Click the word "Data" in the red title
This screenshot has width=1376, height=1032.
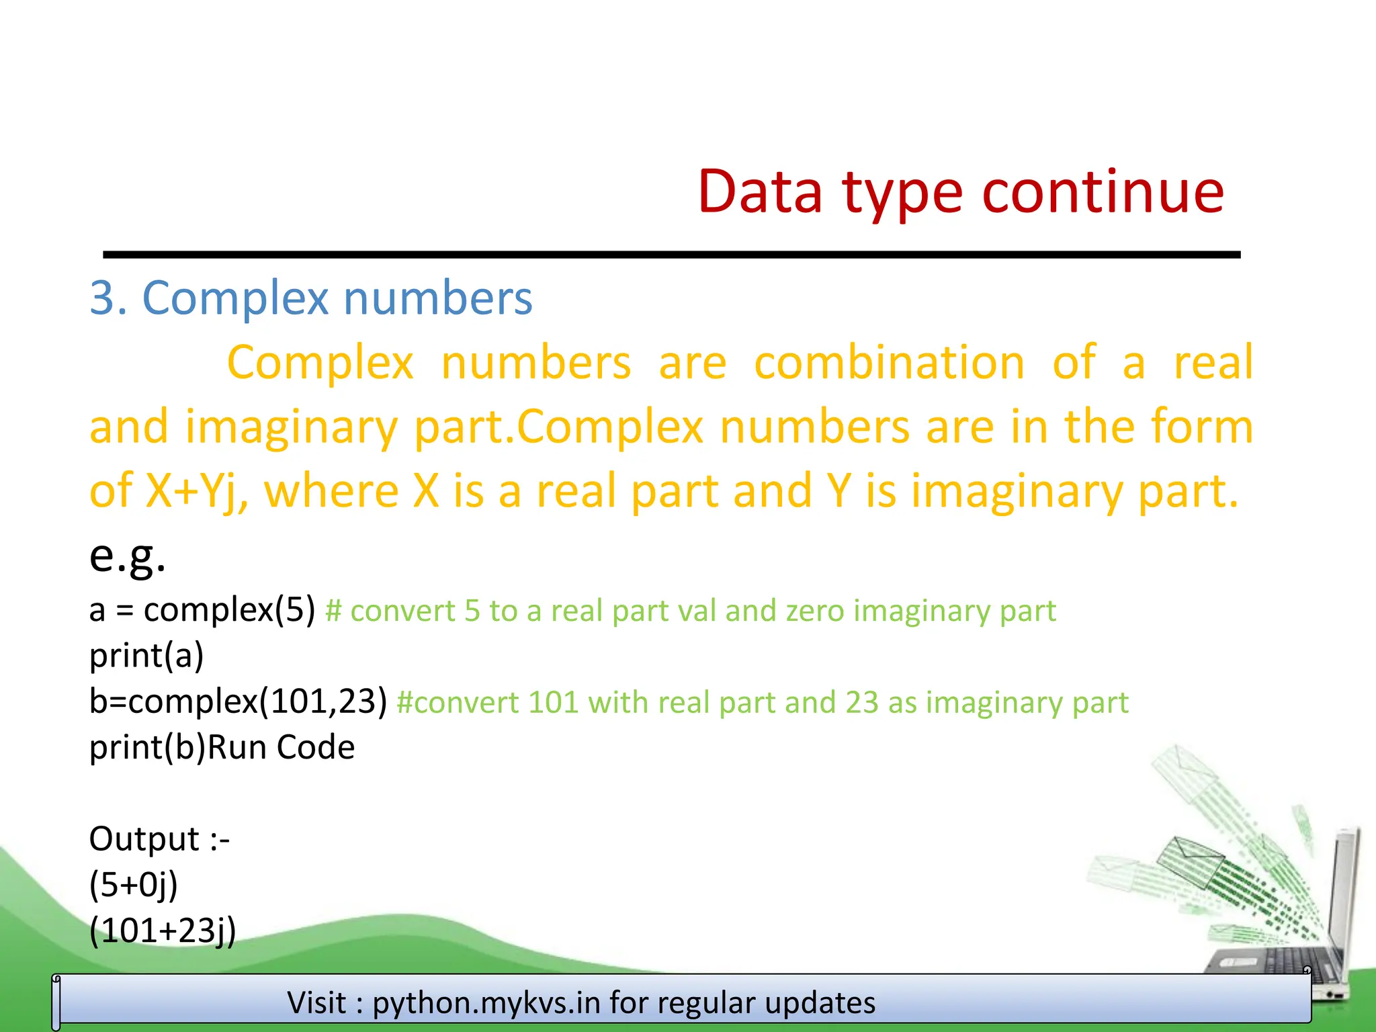(x=760, y=192)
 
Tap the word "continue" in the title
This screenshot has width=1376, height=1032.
(x=1103, y=192)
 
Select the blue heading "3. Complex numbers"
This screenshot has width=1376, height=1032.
(x=311, y=298)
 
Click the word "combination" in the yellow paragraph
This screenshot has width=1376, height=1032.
(x=889, y=363)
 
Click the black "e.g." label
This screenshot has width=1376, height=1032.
(x=127, y=556)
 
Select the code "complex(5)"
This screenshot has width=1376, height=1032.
(x=229, y=610)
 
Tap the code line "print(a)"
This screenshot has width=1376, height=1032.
(x=146, y=656)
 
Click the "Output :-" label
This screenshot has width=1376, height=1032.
(x=159, y=839)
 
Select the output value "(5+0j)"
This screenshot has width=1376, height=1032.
(x=134, y=885)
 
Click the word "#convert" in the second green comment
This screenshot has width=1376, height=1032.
(x=457, y=703)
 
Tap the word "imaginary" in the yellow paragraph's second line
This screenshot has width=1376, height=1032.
(x=291, y=427)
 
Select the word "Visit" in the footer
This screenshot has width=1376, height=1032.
(x=316, y=1003)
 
